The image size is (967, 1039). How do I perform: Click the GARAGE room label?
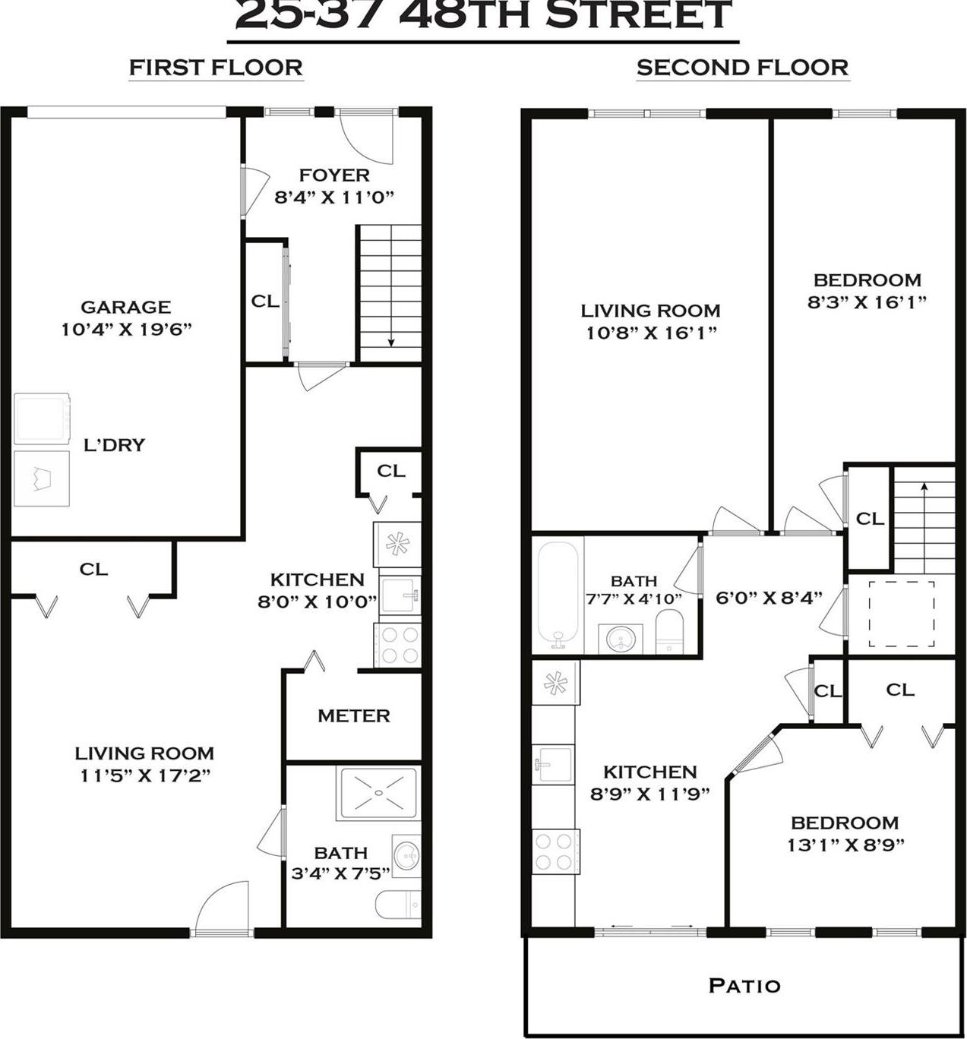click(125, 307)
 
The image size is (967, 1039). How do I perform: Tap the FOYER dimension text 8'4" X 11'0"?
click(334, 197)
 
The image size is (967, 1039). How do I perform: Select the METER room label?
click(354, 715)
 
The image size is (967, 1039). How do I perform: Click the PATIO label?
click(744, 986)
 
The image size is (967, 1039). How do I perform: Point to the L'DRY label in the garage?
click(114, 445)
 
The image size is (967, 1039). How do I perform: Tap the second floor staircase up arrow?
click(924, 488)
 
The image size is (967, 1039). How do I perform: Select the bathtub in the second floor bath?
click(558, 595)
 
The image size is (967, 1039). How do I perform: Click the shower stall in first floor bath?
click(378, 793)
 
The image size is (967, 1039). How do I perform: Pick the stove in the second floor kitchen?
click(555, 851)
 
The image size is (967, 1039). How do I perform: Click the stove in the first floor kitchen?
click(397, 646)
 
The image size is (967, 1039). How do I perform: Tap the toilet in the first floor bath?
click(397, 905)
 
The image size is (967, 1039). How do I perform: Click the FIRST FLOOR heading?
click(216, 68)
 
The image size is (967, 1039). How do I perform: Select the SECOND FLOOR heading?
click(742, 68)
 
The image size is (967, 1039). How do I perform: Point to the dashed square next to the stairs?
click(902, 614)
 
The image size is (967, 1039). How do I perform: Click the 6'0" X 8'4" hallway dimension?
click(769, 598)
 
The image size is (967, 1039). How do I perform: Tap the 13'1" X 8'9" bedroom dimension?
click(845, 845)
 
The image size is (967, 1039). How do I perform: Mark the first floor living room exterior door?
click(222, 908)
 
